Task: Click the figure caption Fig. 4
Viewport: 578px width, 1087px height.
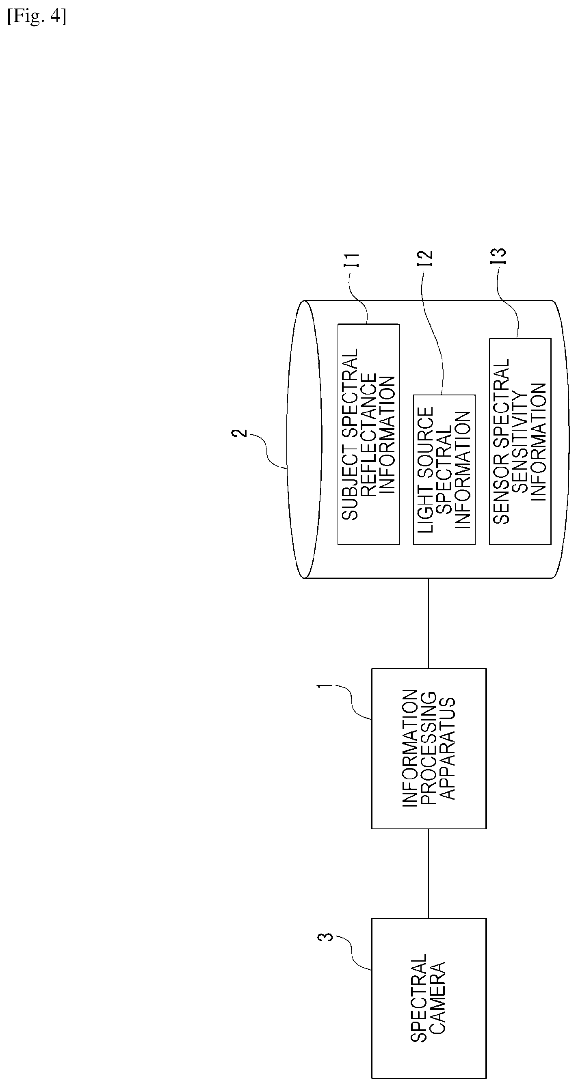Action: click(x=37, y=17)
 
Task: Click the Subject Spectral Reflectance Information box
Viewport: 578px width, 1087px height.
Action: click(x=368, y=434)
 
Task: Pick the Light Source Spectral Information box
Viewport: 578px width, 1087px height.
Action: click(x=444, y=470)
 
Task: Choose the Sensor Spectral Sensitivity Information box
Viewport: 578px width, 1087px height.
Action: click(x=520, y=441)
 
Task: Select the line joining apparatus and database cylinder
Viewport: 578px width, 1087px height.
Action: click(x=429, y=623)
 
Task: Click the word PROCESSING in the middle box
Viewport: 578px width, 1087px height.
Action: click(x=429, y=748)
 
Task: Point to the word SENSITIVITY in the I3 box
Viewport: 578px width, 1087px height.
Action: click(x=520, y=441)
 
